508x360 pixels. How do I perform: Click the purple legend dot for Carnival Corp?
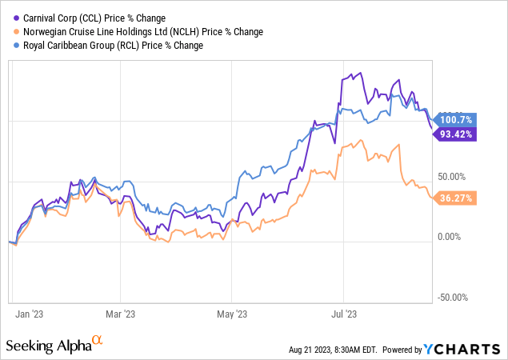coord(18,17)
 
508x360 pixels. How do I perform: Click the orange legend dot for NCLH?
coord(18,31)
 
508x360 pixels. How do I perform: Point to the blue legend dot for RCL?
coord(18,46)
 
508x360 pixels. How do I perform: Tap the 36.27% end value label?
coord(456,198)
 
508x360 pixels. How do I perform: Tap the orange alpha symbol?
coord(98,342)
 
